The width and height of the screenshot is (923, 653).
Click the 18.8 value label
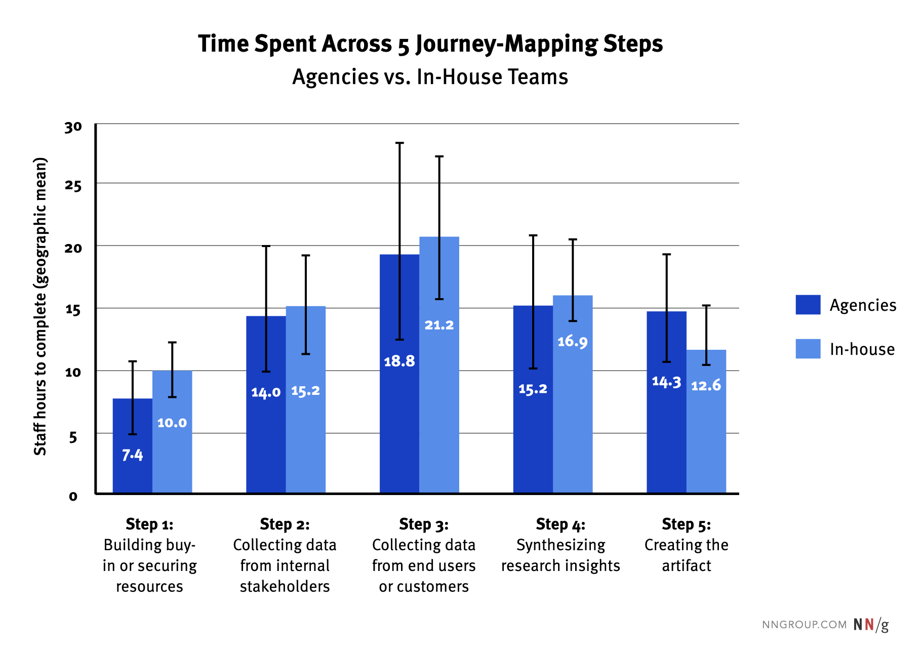pyautogui.click(x=399, y=361)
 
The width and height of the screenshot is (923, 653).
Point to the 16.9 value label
pyautogui.click(x=573, y=342)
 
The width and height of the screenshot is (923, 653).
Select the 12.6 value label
pyautogui.click(x=706, y=386)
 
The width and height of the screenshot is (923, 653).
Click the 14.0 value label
pyautogui.click(x=266, y=392)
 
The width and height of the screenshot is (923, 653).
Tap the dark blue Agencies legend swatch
pyautogui.click(x=808, y=305)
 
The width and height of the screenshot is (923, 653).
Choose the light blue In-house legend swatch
pyautogui.click(x=808, y=349)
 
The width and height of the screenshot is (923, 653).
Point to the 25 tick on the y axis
pyautogui.click(x=73, y=186)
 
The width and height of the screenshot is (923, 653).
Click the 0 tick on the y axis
pyautogui.click(x=73, y=496)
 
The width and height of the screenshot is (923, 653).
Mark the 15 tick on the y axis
pyautogui.click(x=73, y=310)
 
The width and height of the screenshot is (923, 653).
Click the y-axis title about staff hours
pyautogui.click(x=40, y=307)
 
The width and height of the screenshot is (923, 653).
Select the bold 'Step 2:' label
pyautogui.click(x=285, y=524)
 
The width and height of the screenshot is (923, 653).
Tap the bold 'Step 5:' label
pyautogui.click(x=686, y=524)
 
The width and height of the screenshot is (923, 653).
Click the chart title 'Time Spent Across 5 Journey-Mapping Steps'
pyautogui.click(x=430, y=44)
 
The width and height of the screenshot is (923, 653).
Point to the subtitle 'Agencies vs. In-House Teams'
pyautogui.click(x=430, y=77)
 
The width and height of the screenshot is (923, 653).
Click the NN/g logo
pyautogui.click(x=871, y=625)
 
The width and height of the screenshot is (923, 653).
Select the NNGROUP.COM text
pyautogui.click(x=804, y=625)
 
